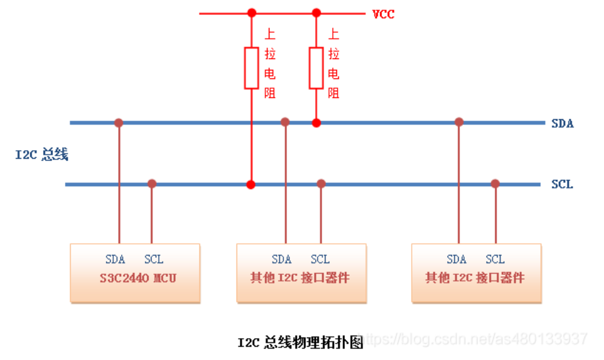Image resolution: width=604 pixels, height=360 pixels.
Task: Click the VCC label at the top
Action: pos(383,14)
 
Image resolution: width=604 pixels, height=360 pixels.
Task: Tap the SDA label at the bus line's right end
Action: pos(562,123)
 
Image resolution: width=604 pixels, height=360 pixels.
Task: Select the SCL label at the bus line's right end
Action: pos(562,184)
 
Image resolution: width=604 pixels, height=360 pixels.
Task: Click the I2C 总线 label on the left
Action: pos(42,154)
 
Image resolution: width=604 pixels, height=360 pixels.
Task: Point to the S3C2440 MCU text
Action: pos(135,279)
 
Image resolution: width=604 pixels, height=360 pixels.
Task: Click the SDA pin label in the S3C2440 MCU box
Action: pos(115,260)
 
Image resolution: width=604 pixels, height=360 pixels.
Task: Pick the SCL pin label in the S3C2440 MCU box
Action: pos(154,260)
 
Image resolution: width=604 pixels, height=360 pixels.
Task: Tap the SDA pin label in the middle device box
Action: pos(282,260)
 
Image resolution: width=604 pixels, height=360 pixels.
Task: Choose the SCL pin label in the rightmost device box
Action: pos(495,260)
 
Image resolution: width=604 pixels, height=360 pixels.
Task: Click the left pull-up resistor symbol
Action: pos(252,67)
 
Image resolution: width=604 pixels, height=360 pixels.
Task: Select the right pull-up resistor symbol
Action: pos(316,67)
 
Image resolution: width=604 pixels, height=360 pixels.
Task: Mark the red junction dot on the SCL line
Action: pos(251,184)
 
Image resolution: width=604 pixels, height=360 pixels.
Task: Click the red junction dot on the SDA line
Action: pos(316,123)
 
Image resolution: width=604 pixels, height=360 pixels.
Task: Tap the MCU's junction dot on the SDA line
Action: pos(119,123)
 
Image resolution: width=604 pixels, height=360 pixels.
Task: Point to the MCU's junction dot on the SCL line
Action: pos(152,184)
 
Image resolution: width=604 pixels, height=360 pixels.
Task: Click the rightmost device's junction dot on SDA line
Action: pos(459,122)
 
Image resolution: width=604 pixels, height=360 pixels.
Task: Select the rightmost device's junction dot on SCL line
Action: pos(495,184)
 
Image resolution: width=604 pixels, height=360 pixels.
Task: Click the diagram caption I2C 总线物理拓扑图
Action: pos(300,342)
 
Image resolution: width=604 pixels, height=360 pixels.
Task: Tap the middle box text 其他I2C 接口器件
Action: pos(300,279)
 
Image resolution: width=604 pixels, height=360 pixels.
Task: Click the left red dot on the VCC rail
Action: pos(251,13)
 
